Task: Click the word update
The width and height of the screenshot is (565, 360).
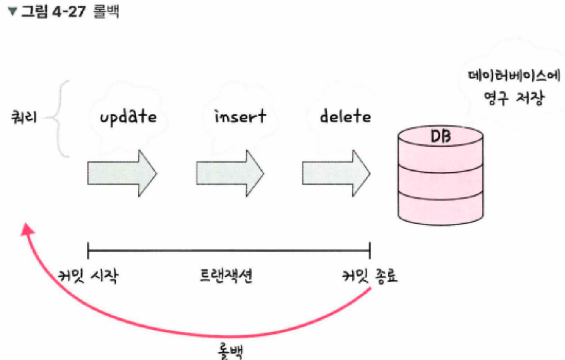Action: click(x=128, y=116)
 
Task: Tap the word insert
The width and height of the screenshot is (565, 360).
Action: click(x=240, y=116)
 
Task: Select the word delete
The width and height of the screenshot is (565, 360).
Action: click(x=345, y=116)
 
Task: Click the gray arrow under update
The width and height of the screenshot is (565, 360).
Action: click(x=122, y=173)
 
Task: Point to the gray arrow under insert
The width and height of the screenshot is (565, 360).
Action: click(x=230, y=173)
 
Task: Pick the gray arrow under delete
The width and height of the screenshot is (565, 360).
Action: click(x=336, y=173)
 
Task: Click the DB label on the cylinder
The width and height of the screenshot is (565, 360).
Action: click(x=440, y=137)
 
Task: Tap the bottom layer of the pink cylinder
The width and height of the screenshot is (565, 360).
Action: click(x=440, y=208)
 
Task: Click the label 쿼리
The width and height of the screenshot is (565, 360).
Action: click(x=24, y=117)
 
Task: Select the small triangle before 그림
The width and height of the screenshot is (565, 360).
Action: click(x=12, y=11)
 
